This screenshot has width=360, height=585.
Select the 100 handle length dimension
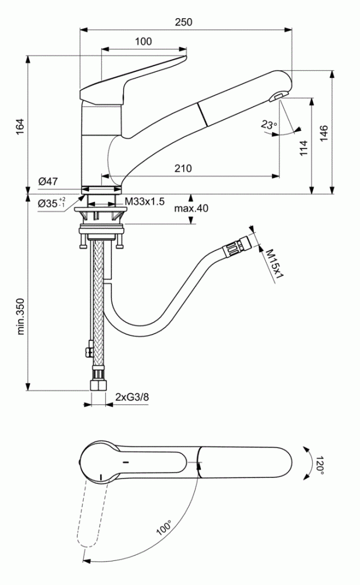coord(143,42)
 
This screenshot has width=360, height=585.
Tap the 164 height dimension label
coord(19,126)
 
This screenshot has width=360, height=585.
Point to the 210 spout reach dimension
coord(183,168)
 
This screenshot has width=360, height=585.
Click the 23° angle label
coord(269,124)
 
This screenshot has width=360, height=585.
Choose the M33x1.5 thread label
coord(145,202)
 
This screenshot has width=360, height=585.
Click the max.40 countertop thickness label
coord(191,208)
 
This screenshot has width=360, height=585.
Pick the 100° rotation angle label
coord(164,529)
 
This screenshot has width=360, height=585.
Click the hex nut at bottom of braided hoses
coord(97,386)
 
